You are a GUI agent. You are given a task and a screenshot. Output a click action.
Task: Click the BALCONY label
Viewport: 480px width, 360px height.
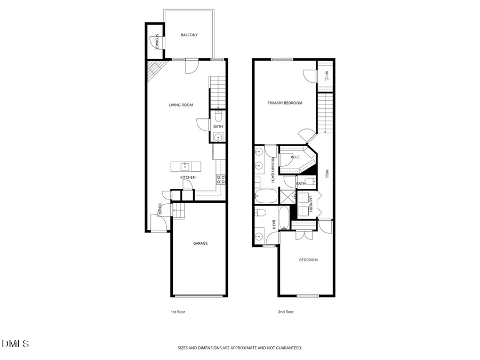(189, 35)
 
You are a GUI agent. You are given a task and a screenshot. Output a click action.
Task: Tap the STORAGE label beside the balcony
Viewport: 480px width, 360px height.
(157, 42)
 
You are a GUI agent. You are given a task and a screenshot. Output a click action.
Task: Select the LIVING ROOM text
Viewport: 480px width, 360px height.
(181, 105)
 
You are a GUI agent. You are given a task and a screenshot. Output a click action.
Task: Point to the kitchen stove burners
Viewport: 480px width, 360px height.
(221, 179)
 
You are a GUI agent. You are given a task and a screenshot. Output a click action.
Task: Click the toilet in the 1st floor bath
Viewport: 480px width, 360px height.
(218, 116)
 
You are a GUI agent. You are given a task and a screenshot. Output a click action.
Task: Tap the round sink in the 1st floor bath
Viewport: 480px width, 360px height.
(218, 138)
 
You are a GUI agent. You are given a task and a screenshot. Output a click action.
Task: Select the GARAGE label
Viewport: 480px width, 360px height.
(200, 243)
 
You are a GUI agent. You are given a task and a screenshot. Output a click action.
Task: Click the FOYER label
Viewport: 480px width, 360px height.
(159, 210)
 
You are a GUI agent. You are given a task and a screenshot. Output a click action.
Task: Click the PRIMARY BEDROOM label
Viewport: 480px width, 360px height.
(285, 103)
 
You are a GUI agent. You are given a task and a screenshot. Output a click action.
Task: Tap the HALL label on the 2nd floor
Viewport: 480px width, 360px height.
(326, 174)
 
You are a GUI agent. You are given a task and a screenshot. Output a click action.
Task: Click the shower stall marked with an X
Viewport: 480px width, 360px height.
(288, 197)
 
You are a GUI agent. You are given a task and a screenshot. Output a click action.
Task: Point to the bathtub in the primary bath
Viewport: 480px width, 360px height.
(266, 196)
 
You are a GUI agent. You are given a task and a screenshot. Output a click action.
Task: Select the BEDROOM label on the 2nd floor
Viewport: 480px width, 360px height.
(308, 260)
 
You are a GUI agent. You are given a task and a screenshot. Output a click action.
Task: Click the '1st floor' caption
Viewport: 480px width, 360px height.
(178, 312)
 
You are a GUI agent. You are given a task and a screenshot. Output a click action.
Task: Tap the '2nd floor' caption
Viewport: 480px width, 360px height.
(286, 312)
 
